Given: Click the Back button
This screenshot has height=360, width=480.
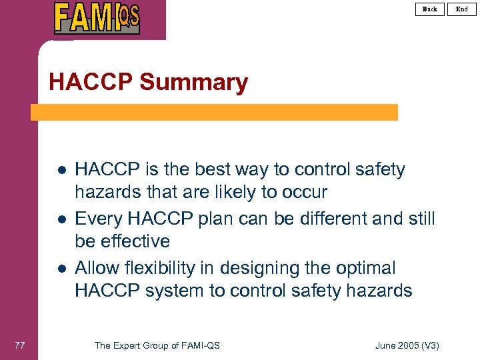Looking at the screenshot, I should click(x=430, y=9).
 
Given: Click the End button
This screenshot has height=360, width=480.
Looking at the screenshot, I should click(x=461, y=9).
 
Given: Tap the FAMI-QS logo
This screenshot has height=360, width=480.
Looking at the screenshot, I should click(x=97, y=18).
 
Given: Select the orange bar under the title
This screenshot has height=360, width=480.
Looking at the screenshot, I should click(x=214, y=112).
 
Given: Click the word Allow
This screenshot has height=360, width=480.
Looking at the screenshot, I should click(x=97, y=268).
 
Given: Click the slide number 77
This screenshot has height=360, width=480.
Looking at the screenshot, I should click(x=19, y=345).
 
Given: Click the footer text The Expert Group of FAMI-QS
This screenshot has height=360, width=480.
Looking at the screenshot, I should click(x=157, y=345).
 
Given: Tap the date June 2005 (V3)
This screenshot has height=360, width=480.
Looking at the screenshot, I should click(x=407, y=345).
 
